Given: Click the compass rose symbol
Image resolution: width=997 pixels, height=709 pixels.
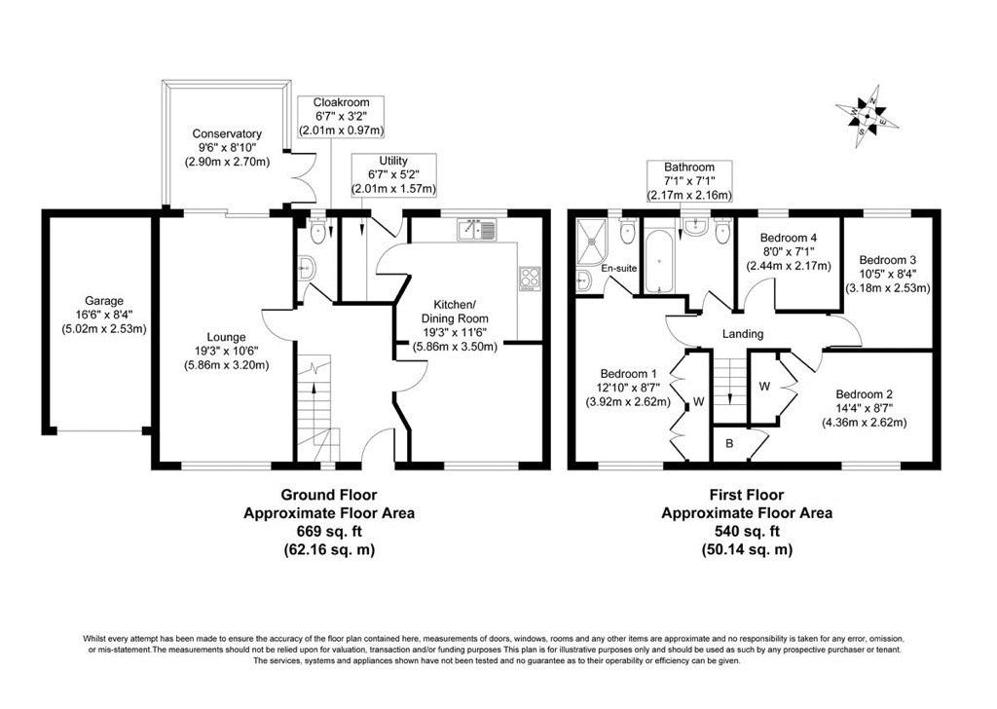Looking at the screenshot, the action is click(x=868, y=116).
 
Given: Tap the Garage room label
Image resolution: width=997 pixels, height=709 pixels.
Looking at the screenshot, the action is click(x=104, y=301).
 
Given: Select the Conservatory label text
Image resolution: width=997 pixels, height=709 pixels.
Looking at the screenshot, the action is click(x=227, y=133).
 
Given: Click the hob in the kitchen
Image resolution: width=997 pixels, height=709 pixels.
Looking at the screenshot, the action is click(x=530, y=278).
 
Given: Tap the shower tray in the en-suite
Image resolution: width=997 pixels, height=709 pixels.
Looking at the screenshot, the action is click(x=593, y=242).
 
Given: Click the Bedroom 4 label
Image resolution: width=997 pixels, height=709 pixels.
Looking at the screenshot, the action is click(x=788, y=238).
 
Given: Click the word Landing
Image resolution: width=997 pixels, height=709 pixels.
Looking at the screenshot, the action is click(x=743, y=334).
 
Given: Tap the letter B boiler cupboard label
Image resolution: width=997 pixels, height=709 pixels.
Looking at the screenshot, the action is click(x=729, y=443).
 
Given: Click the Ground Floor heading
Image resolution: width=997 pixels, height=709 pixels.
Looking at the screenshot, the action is click(x=329, y=495).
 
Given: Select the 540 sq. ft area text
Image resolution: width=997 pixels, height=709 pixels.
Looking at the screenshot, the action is click(x=747, y=531).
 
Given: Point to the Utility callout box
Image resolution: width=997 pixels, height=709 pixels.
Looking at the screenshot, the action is click(x=393, y=175).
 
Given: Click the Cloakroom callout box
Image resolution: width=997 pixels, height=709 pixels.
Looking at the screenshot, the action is click(x=342, y=116).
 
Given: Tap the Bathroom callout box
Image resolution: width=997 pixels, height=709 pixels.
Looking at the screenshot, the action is click(x=689, y=181).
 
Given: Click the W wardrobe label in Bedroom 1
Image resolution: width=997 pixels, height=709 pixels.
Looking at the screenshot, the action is click(x=699, y=401).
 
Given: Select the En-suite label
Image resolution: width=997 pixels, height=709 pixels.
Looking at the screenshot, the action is click(x=618, y=269).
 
